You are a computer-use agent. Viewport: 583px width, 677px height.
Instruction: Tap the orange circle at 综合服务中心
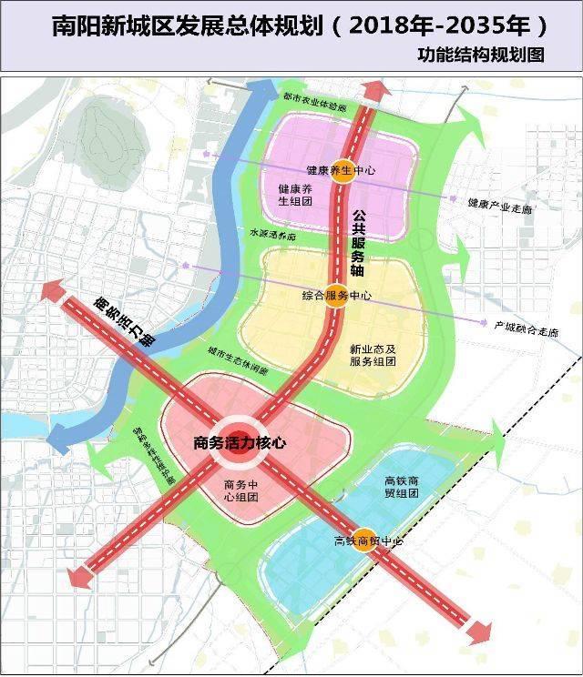click(336, 296)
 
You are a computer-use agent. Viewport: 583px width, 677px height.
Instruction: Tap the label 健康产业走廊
click(500, 207)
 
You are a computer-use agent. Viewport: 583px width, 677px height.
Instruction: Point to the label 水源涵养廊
click(272, 233)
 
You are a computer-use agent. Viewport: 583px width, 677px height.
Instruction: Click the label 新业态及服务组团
click(373, 355)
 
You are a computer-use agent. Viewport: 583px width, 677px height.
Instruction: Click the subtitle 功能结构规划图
click(481, 55)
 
